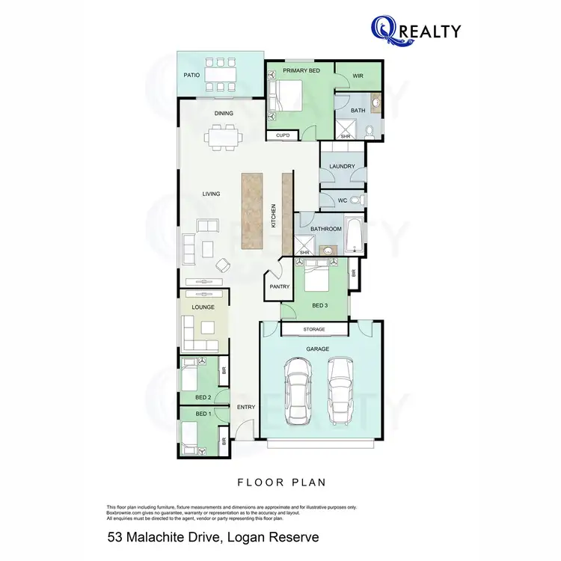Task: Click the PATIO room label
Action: click(191, 76)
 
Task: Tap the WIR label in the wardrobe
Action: click(358, 76)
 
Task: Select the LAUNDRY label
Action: click(342, 166)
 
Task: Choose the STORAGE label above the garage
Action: click(314, 329)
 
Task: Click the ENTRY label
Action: click(245, 407)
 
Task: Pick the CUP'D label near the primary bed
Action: click(283, 135)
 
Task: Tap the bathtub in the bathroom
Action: click(355, 234)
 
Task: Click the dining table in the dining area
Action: click(224, 136)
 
